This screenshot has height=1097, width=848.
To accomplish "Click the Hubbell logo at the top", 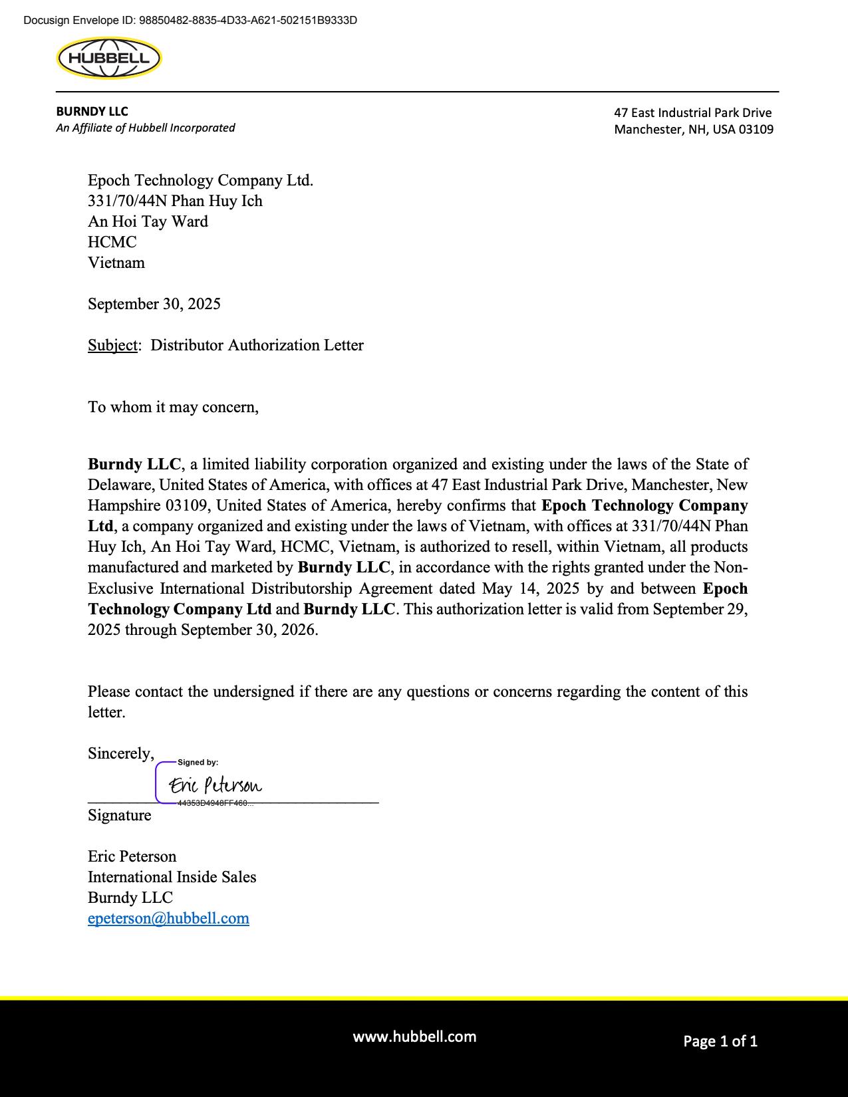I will pyautogui.click(x=109, y=59).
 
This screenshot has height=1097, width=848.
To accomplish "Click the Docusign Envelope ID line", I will pyautogui.click(x=190, y=20).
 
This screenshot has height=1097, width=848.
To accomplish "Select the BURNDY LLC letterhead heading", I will pyautogui.click(x=92, y=112).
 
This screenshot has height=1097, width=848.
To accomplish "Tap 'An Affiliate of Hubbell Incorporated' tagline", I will pyautogui.click(x=145, y=128).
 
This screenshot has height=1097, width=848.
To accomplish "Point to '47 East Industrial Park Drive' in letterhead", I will pyautogui.click(x=692, y=113).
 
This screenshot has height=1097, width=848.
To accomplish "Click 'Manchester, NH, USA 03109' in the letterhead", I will pyautogui.click(x=694, y=130).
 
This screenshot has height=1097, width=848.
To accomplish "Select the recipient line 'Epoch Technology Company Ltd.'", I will pyautogui.click(x=200, y=180).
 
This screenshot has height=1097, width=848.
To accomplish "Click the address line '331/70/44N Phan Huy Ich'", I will pyautogui.click(x=175, y=201).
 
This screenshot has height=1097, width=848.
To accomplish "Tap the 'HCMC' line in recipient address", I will pyautogui.click(x=112, y=242).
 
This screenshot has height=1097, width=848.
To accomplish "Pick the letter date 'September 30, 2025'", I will pyautogui.click(x=154, y=304).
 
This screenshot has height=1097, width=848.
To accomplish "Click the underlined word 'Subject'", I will pyautogui.click(x=112, y=345).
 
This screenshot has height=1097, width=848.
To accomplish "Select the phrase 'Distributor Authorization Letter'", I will pyautogui.click(x=257, y=345).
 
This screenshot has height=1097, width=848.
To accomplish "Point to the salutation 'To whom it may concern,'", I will pyautogui.click(x=173, y=407).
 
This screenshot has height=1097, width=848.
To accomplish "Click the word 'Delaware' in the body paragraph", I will pyautogui.click(x=120, y=485).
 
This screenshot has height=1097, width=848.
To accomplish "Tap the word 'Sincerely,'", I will pyautogui.click(x=120, y=753).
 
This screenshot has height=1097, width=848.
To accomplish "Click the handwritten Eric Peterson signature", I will pyautogui.click(x=215, y=785).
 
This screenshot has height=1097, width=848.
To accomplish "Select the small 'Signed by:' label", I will pyautogui.click(x=198, y=763).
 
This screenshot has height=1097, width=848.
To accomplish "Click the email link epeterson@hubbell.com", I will pyautogui.click(x=168, y=918).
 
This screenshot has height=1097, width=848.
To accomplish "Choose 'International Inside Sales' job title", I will pyautogui.click(x=172, y=877).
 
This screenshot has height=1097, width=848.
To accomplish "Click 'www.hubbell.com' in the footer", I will pyautogui.click(x=414, y=1036).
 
